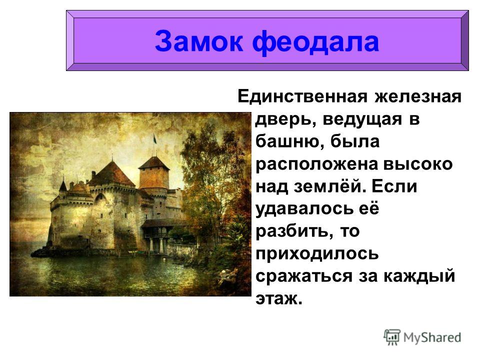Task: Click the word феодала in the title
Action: (315, 42)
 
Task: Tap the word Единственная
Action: (302, 96)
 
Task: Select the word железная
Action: (418, 96)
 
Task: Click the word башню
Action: (286, 141)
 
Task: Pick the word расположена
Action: (316, 165)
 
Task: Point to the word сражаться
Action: (304, 276)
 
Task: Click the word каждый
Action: (419, 276)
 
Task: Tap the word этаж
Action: (278, 299)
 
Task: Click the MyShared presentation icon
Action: (392, 337)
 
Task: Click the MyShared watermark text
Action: (432, 338)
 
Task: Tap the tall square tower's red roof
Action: (153, 163)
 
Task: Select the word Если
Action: (394, 186)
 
